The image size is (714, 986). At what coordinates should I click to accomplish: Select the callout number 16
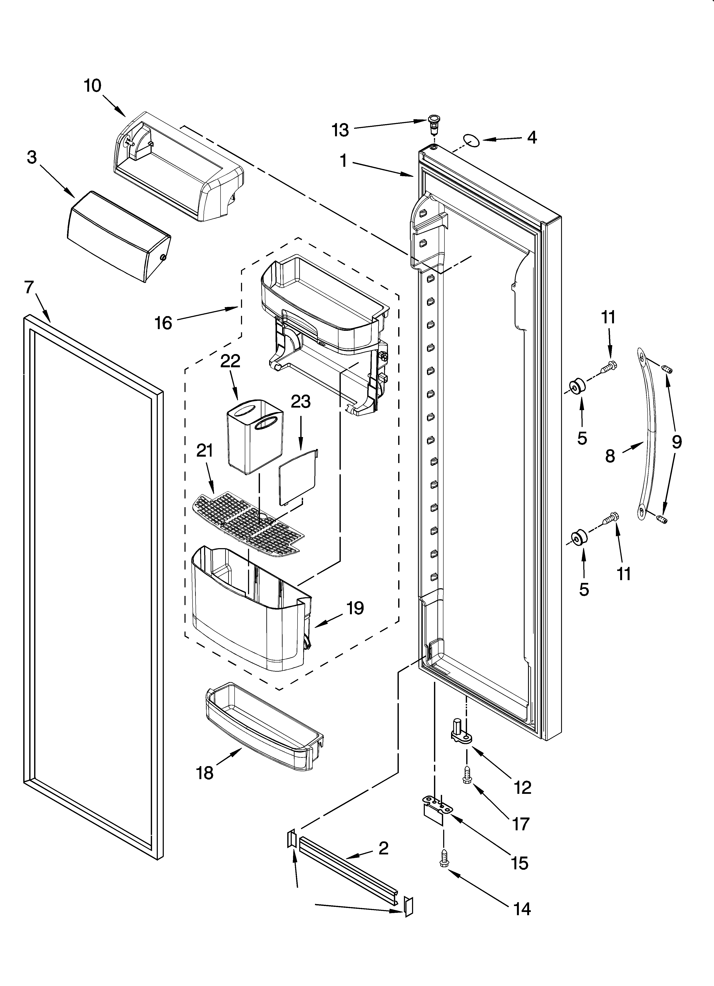(x=164, y=323)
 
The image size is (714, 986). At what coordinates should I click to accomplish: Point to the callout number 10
(x=93, y=86)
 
